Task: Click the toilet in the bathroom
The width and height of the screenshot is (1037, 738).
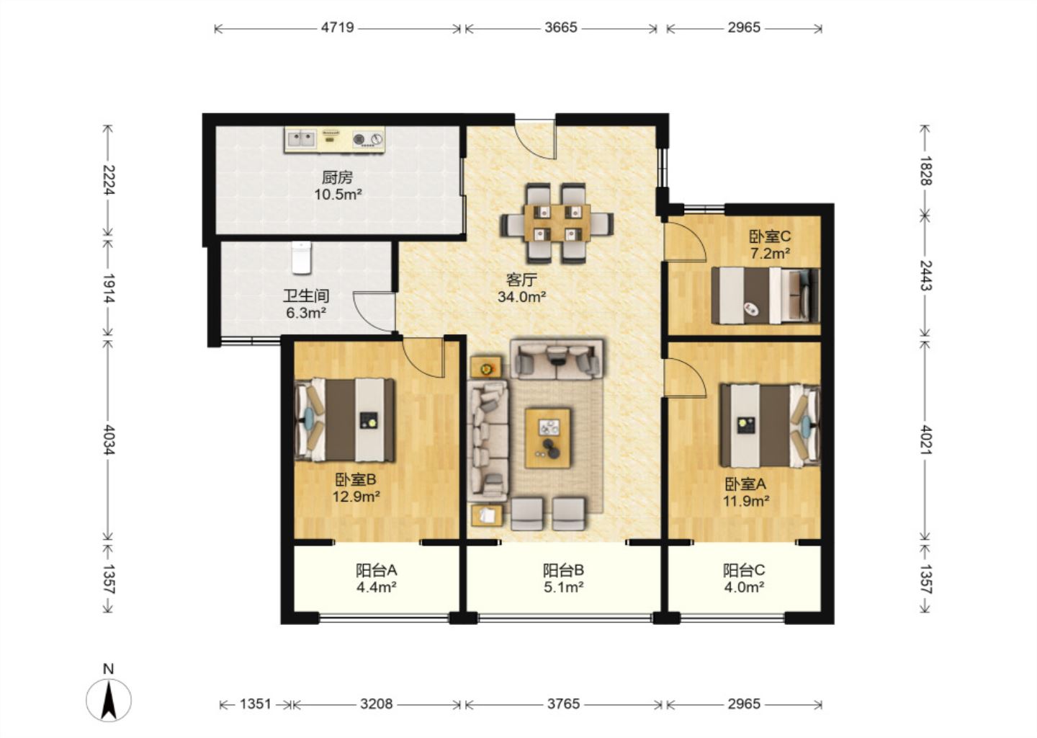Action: coord(302,257)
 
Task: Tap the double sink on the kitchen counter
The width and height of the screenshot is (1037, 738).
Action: coord(301,138)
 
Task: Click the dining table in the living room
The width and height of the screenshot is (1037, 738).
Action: coord(557,223)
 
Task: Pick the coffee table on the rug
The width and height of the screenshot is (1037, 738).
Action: coord(547,438)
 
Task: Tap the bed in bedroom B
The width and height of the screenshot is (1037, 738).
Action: coord(345,420)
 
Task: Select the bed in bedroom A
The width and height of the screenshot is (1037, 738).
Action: coord(770,424)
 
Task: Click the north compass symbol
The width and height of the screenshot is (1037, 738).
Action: coord(109,700)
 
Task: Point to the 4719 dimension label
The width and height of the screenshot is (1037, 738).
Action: coord(338,28)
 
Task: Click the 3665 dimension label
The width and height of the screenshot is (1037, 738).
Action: coord(560,28)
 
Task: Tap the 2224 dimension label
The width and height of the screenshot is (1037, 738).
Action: coord(108,179)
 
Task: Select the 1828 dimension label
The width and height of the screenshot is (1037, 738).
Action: coord(925,171)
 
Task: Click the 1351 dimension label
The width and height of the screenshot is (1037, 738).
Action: coord(256,704)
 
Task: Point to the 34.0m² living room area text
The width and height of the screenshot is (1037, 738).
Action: coord(521,297)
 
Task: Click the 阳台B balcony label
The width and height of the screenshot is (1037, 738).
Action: coord(563,570)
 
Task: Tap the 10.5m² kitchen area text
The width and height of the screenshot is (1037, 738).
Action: coord(338,195)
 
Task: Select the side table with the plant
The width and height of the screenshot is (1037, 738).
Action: coord(486,367)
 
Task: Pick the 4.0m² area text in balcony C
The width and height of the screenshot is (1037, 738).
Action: coord(744,587)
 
